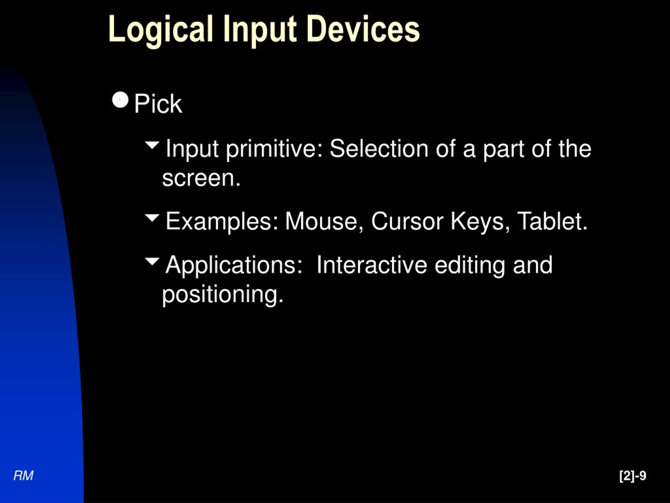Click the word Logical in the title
click(x=160, y=30)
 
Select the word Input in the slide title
click(x=259, y=30)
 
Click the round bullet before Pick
click(x=120, y=100)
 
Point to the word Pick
click(x=158, y=104)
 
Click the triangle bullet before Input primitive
click(x=152, y=145)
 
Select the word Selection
click(x=379, y=149)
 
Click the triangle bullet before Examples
click(x=152, y=217)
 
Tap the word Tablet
click(x=552, y=221)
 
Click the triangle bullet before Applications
click(x=152, y=261)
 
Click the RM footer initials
click(x=23, y=475)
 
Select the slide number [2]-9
click(x=632, y=475)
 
